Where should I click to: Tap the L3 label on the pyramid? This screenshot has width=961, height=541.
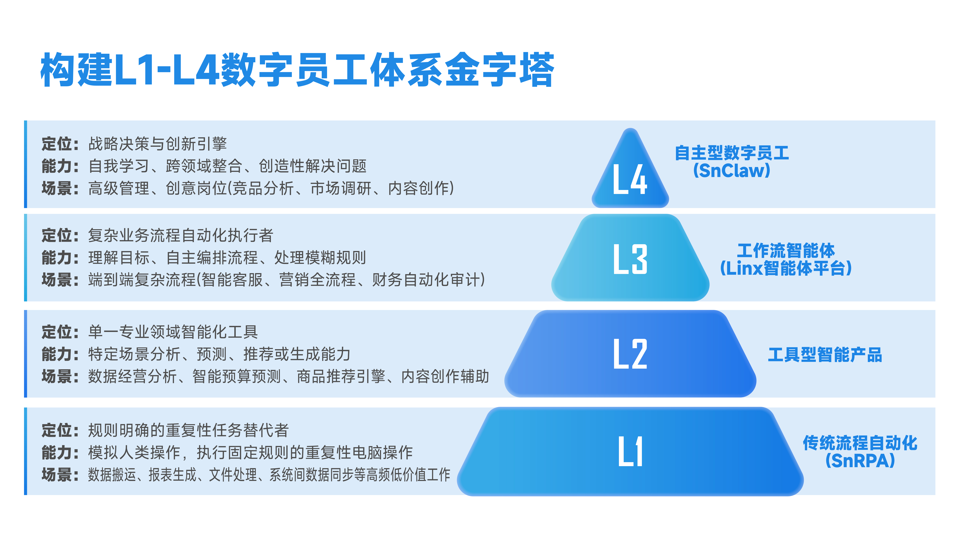point(630,259)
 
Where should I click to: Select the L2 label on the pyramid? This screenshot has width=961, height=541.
point(630,354)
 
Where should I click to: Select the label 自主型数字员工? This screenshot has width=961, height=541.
point(732,153)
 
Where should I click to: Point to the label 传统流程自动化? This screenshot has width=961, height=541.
point(860,443)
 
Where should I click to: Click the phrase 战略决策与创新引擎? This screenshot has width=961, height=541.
point(157,144)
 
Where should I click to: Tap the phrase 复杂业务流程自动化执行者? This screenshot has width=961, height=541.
point(181,235)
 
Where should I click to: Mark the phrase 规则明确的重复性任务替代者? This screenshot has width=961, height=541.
point(188,430)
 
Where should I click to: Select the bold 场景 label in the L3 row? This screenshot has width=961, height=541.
point(57,280)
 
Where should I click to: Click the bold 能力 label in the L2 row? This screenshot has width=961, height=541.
point(57,354)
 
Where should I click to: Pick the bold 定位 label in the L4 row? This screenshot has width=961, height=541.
point(57,144)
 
